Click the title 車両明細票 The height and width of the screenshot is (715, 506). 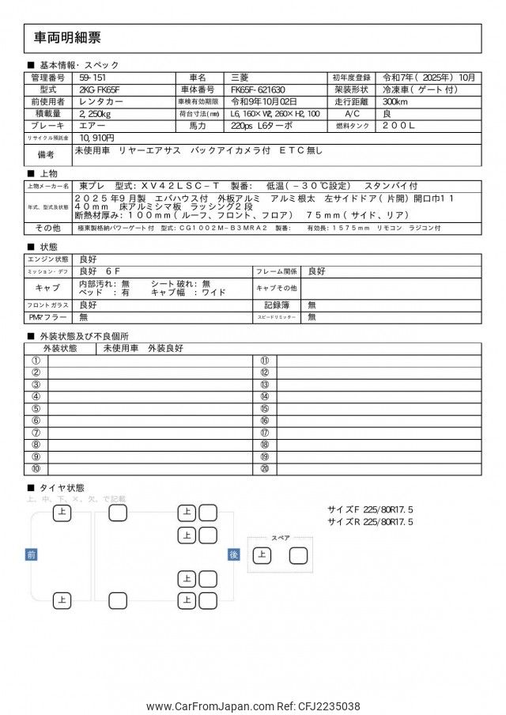[68, 38]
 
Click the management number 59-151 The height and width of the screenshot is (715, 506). [92, 78]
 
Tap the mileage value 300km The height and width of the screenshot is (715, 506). [396, 102]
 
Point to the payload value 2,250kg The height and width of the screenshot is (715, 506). [96, 114]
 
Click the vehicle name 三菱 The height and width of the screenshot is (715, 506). [240, 78]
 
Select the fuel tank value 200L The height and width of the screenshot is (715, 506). [399, 126]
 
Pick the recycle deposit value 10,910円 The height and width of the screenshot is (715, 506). [98, 138]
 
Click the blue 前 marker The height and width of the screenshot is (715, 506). [32, 554]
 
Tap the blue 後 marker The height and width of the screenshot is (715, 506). [233, 554]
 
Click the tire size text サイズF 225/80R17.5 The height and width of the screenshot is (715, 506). [370, 510]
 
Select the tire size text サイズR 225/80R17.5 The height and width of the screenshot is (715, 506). [370, 522]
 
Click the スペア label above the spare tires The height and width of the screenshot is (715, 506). [281, 538]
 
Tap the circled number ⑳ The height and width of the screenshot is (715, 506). [264, 469]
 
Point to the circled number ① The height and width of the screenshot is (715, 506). [36, 361]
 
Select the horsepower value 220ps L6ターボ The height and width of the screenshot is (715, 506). [262, 126]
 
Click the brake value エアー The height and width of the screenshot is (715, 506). [92, 126]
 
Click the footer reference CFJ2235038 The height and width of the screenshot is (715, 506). [330, 706]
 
